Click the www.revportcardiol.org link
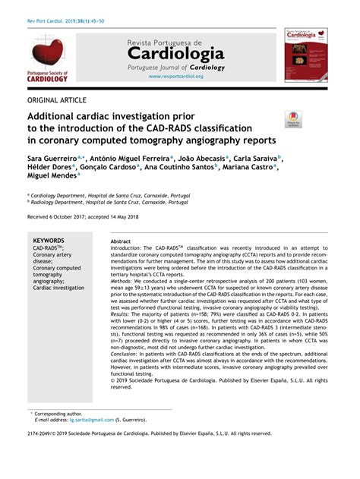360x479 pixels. tap(175, 77)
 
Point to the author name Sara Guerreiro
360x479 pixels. tap(52, 158)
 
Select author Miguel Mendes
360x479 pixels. tap(52, 175)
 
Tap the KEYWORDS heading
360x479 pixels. tap(49, 240)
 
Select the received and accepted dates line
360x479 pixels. tap(84, 217)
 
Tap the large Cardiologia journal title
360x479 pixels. tap(175, 53)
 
